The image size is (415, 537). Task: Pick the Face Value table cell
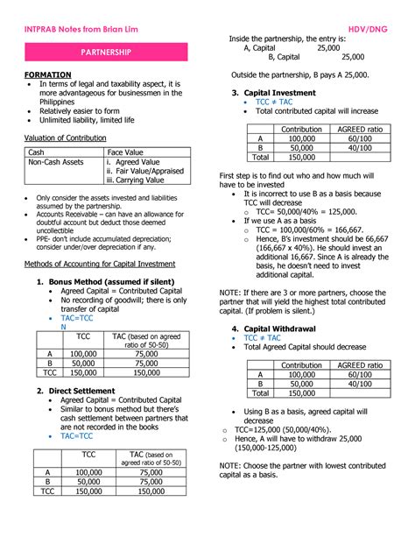(125, 152)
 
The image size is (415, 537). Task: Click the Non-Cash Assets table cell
(56, 162)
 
